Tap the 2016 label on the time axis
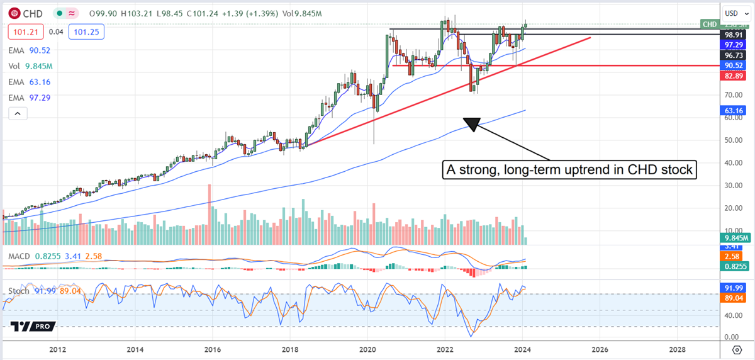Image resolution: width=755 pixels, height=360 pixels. (x=213, y=349)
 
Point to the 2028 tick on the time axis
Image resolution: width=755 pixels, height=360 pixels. (x=677, y=349)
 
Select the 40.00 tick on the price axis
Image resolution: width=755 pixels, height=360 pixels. (x=730, y=162)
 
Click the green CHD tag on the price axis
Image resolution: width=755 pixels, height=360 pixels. (x=710, y=24)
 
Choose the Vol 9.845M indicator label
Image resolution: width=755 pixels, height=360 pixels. (x=30, y=65)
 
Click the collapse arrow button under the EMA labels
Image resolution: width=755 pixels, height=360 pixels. (x=18, y=113)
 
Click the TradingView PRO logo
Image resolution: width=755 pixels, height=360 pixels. (x=33, y=326)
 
